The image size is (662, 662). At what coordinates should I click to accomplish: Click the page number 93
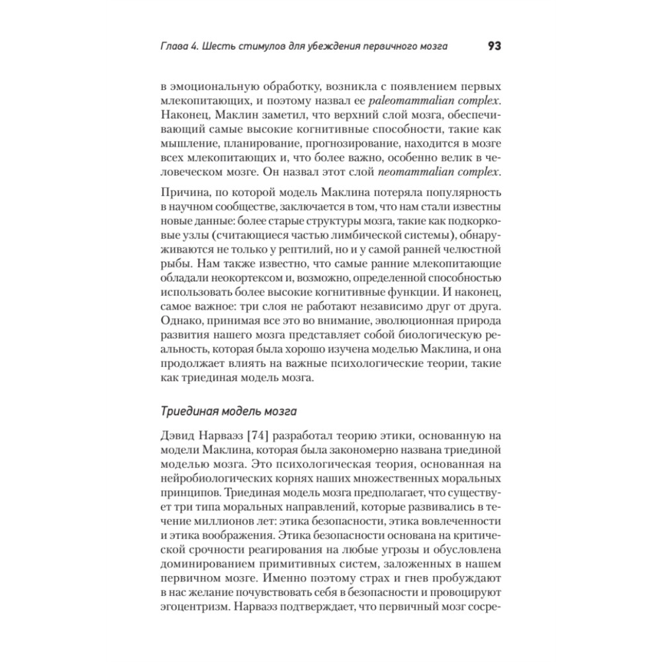(493, 46)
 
